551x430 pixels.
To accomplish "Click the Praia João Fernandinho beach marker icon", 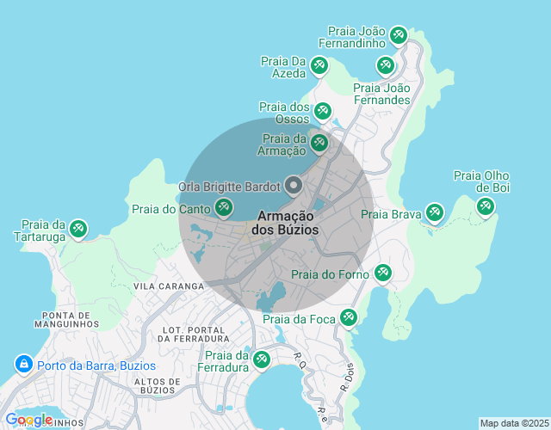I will tap(398, 35).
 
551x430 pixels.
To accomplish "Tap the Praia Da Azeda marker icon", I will tap(319, 64).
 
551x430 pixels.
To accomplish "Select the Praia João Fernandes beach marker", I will tap(386, 64).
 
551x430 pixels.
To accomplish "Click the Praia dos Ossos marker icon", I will tap(322, 110).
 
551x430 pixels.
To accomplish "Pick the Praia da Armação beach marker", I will tap(319, 142).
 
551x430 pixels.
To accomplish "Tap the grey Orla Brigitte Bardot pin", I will tap(294, 185).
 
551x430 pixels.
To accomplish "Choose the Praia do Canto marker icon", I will tap(224, 206).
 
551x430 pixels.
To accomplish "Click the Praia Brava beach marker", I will tap(434, 212).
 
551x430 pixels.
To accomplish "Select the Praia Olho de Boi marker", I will tap(486, 206).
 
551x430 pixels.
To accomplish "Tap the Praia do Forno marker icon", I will tap(382, 273).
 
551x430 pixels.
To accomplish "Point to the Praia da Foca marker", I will tap(348, 317).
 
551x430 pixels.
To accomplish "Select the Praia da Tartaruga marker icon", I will tap(78, 228).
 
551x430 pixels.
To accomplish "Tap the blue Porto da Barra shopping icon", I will tap(23, 365).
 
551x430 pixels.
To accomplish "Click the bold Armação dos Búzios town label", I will tap(285, 223).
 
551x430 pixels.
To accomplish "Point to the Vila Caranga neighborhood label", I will tap(168, 286).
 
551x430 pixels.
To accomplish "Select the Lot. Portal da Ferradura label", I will tap(199, 333).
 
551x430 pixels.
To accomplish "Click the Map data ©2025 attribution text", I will tap(513, 423).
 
